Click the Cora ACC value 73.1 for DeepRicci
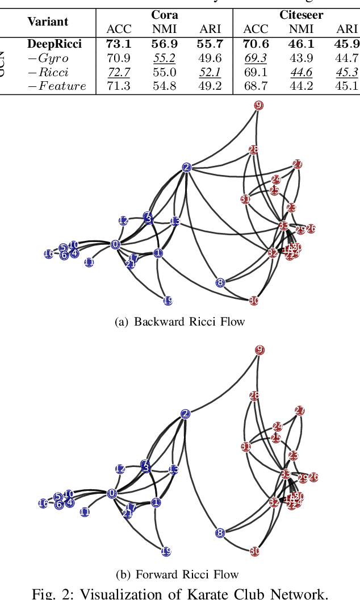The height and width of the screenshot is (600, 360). pos(118,44)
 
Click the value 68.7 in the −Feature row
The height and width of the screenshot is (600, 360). pos(256,86)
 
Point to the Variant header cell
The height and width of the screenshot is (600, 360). pos(48,22)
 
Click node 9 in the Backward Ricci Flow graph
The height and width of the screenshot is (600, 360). pos(259,105)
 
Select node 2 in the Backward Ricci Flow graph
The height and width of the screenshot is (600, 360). pos(186,167)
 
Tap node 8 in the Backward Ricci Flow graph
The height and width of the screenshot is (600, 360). pos(220,282)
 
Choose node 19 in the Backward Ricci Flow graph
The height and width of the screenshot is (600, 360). pos(168,301)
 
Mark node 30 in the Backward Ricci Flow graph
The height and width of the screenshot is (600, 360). pos(254,301)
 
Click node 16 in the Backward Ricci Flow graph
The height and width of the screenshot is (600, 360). pos(48,254)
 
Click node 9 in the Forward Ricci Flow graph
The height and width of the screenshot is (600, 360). pos(259,350)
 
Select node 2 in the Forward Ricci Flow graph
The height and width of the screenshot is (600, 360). pos(185,414)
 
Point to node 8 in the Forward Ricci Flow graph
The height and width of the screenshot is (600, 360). pos(220,533)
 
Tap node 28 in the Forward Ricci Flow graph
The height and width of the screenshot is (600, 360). pos(254,396)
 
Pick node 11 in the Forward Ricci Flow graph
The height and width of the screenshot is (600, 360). pos(85,512)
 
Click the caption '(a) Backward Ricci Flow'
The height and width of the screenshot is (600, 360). pos(180,322)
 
